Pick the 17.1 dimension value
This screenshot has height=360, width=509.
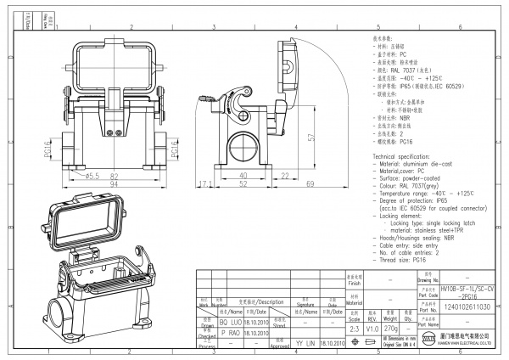[204, 183]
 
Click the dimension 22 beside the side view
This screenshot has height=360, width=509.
[285, 175]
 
